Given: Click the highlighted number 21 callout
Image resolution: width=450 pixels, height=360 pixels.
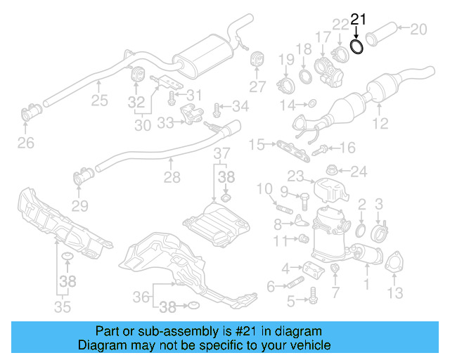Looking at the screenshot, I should [359, 20].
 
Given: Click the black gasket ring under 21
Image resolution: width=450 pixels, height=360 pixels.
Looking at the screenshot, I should [357, 46].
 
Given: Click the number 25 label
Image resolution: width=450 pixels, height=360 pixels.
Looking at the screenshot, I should [99, 101].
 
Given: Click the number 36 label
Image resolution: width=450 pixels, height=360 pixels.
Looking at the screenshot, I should [141, 297].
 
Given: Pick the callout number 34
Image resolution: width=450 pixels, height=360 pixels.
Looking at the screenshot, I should [240, 107].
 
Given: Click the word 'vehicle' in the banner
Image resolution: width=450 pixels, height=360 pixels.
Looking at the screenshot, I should [310, 345].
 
